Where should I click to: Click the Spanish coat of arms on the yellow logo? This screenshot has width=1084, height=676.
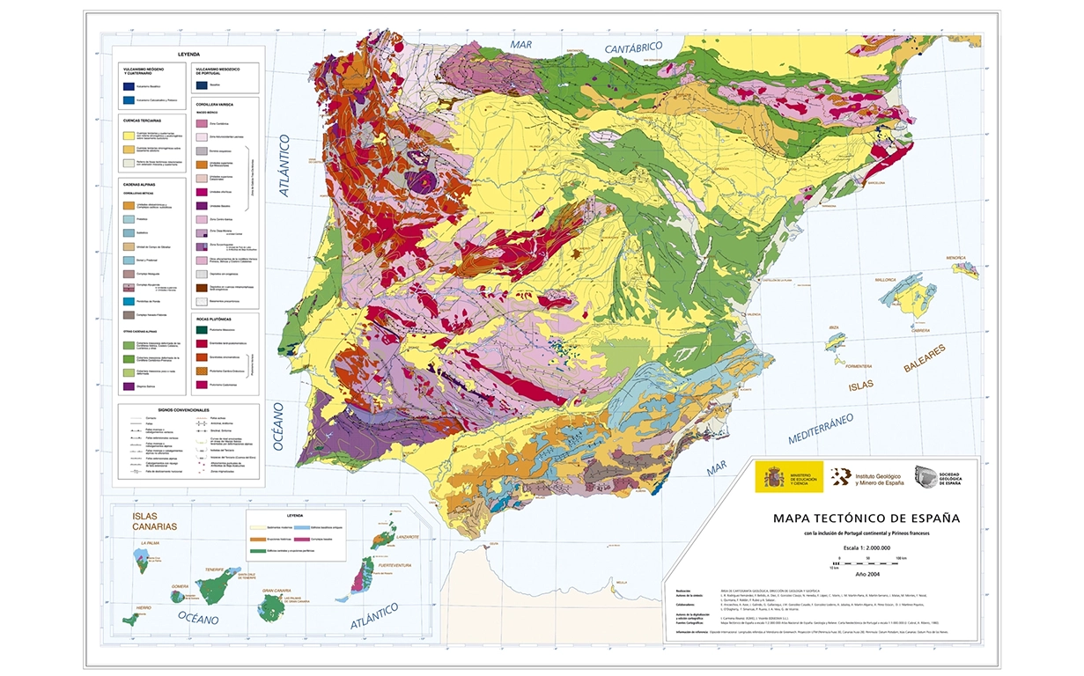(x=772, y=476)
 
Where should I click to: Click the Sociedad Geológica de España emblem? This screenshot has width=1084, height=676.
(x=927, y=476)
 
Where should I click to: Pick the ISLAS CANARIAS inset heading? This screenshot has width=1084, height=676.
(x=154, y=519)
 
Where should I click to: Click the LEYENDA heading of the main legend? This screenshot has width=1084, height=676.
(x=189, y=54)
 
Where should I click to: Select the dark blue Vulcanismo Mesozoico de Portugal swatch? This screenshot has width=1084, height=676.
(x=203, y=85)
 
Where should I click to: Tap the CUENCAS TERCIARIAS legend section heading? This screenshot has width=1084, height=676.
(x=143, y=120)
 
